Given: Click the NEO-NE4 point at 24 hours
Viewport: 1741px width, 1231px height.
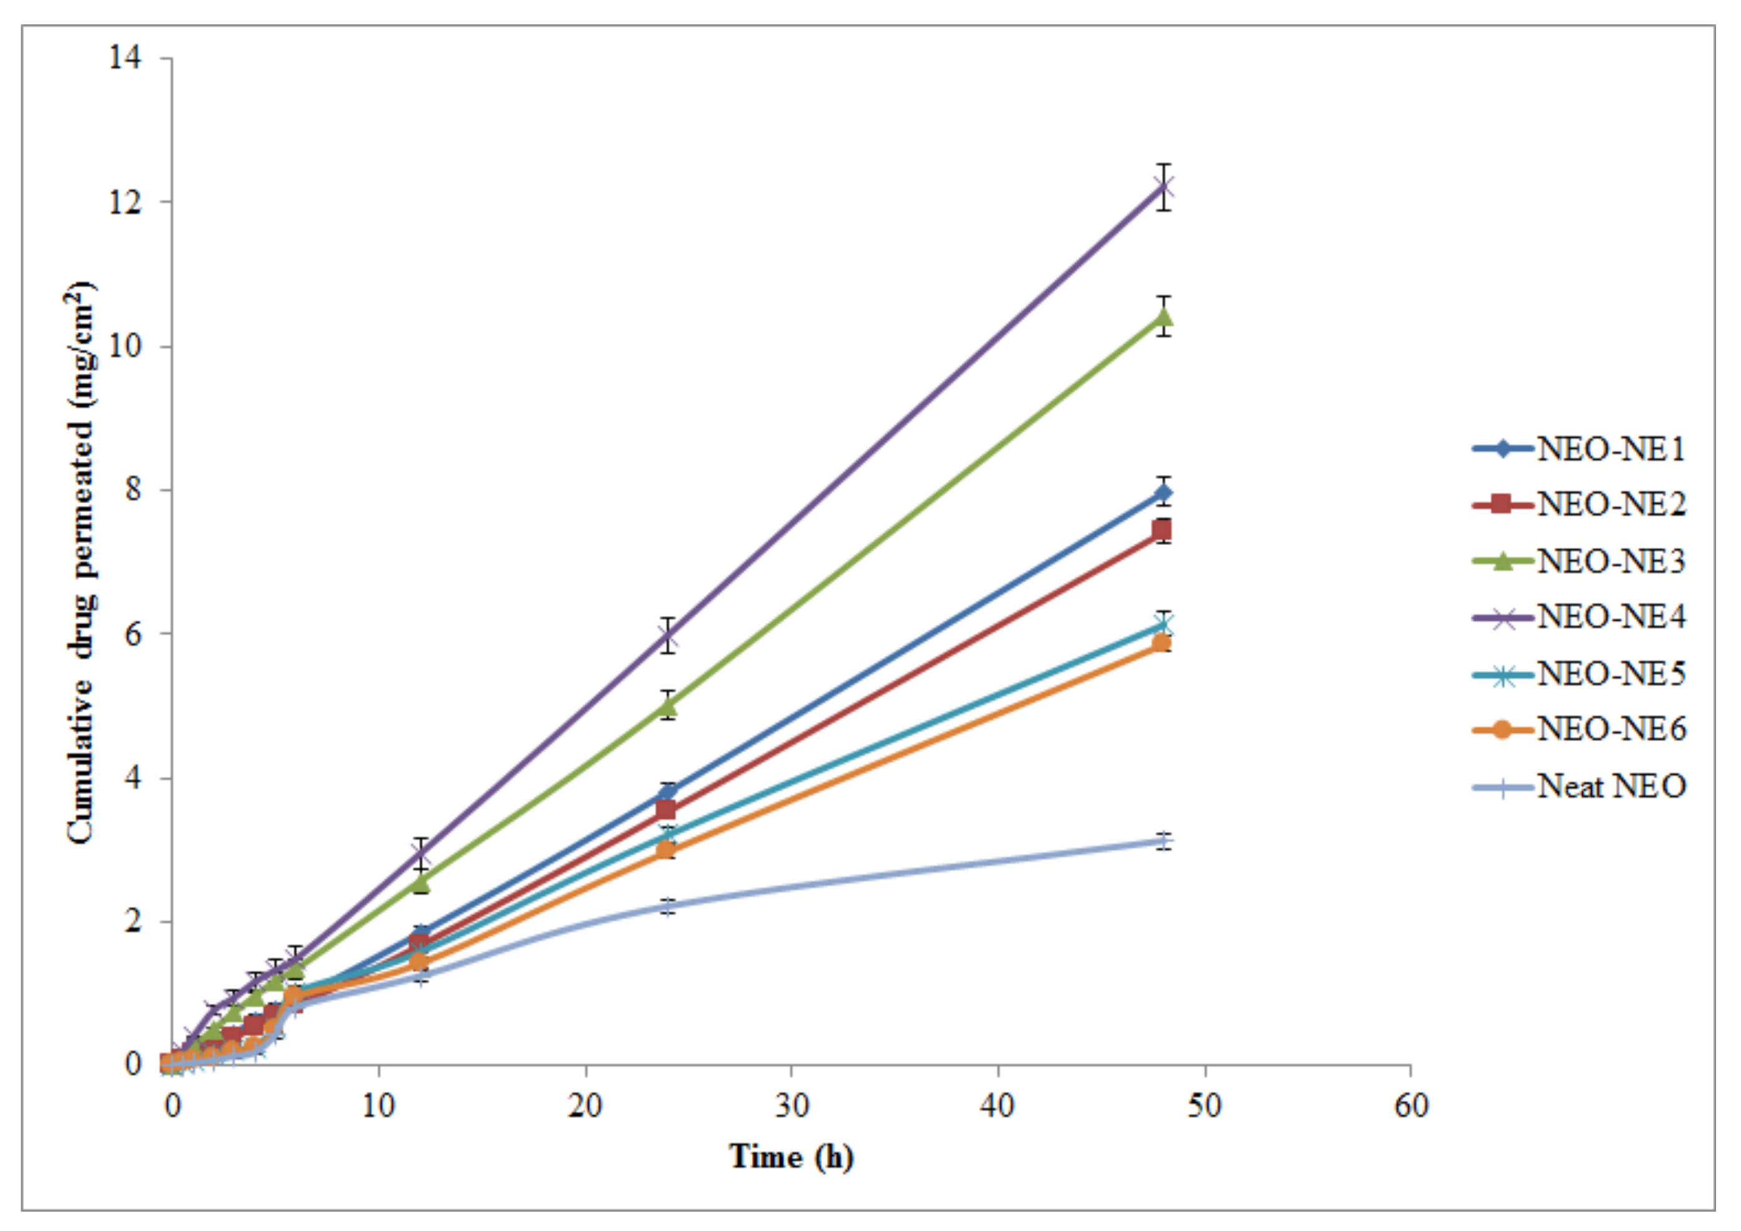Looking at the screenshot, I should tap(666, 636).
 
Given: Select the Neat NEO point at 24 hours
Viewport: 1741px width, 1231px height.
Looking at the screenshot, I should tap(666, 906).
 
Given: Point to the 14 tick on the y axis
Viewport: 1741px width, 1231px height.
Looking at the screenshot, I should tap(124, 57).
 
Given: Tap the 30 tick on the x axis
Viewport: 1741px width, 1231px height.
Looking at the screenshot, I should tap(791, 1106).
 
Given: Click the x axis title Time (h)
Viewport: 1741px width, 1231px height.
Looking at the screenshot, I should tap(791, 1157).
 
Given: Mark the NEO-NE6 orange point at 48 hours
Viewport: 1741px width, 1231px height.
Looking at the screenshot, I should tap(1161, 643).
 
